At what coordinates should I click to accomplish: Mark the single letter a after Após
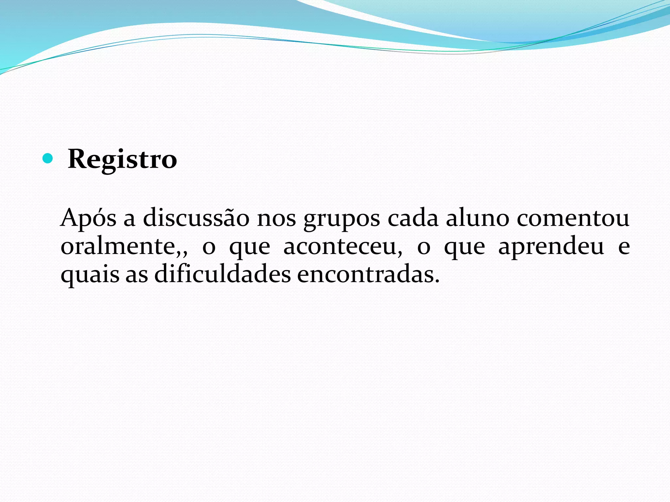(129, 219)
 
